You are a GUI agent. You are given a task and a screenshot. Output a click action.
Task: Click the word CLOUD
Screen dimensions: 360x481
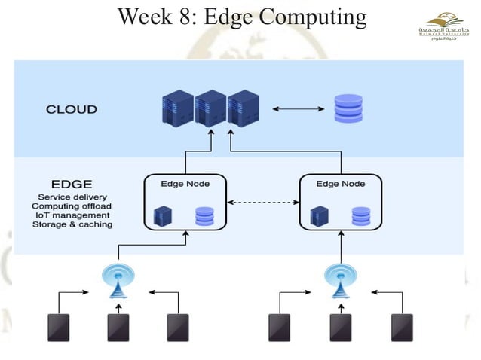(x=72, y=110)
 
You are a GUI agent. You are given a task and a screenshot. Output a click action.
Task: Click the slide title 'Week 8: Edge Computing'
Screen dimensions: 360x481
(x=241, y=16)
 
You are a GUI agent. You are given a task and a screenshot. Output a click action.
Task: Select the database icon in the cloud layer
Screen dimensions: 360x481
(x=348, y=109)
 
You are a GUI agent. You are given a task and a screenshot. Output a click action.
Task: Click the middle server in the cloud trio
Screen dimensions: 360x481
(x=210, y=108)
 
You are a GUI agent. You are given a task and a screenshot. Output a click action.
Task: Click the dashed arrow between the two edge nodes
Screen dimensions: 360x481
(x=263, y=202)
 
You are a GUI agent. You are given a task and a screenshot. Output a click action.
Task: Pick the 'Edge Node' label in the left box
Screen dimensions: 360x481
(x=185, y=183)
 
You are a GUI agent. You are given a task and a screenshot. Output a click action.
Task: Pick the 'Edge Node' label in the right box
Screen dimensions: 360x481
(x=341, y=183)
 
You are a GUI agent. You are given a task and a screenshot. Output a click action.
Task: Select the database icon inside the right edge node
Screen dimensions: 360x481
(x=361, y=216)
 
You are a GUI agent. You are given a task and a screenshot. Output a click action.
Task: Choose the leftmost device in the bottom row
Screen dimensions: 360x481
(x=59, y=327)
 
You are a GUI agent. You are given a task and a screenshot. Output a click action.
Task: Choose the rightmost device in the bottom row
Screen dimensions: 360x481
(x=401, y=327)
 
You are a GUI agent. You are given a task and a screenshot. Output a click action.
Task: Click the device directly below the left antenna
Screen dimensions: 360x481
(x=118, y=327)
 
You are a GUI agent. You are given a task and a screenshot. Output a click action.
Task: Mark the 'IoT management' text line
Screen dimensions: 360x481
(x=69, y=215)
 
